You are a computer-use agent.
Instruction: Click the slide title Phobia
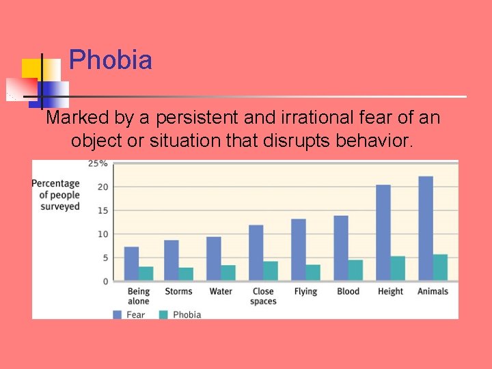click(x=110, y=60)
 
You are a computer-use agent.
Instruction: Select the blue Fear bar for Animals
click(x=425, y=228)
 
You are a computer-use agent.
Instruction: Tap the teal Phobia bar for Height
click(x=398, y=268)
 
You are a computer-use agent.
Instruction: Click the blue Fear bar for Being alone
click(x=131, y=263)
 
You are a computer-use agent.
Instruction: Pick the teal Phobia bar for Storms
click(x=186, y=273)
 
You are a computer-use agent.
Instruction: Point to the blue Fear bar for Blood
click(x=341, y=247)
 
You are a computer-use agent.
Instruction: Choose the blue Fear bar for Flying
click(x=299, y=249)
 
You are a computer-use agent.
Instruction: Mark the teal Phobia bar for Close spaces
click(x=271, y=271)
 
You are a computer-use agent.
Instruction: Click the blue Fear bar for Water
click(x=214, y=258)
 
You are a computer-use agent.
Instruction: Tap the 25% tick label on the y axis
click(x=98, y=163)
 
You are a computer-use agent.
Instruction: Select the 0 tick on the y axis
click(x=105, y=282)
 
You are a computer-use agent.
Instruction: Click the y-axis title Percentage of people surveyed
click(x=56, y=195)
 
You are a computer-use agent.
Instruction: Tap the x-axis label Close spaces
click(x=263, y=296)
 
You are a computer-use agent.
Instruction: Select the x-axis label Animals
click(x=433, y=292)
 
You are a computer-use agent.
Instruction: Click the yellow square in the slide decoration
click(x=31, y=68)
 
